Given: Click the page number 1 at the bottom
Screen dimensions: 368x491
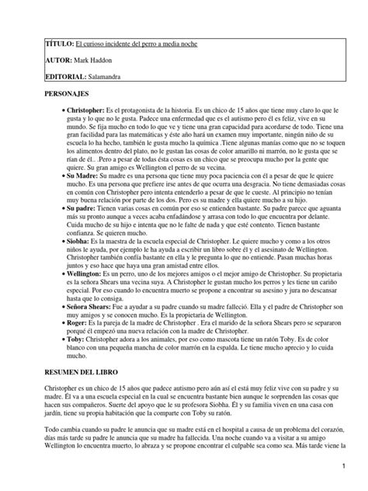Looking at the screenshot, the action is [x=342, y=464].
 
